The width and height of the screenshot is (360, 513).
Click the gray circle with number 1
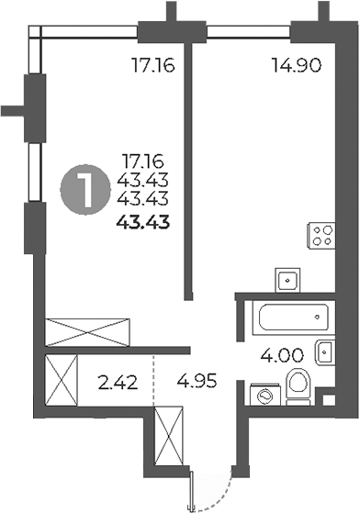83,192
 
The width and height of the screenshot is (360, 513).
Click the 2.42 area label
118,378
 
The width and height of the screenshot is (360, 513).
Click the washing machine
263,394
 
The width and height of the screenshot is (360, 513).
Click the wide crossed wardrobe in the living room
90,329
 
